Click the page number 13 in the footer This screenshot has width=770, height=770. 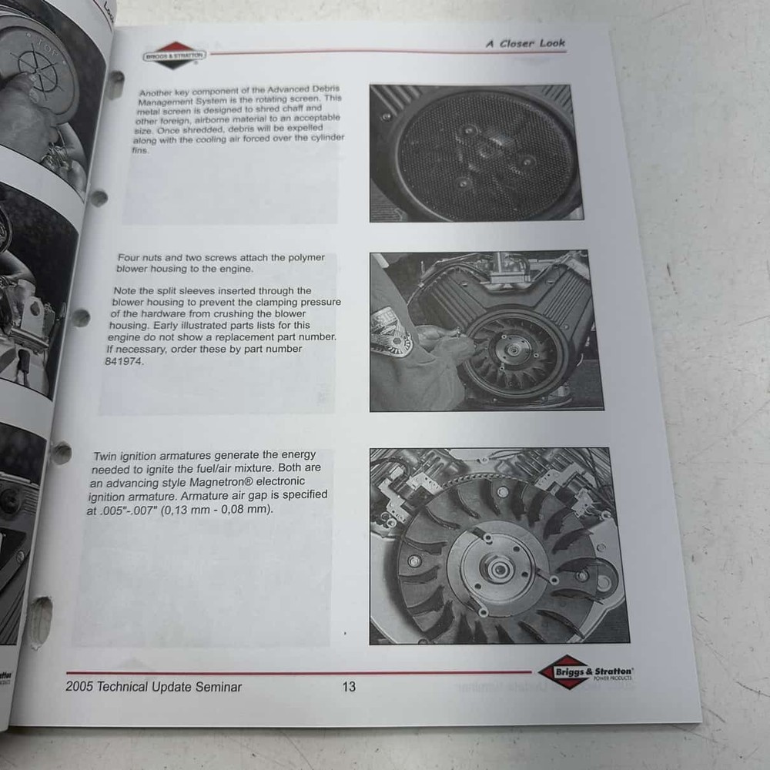pos(349,686)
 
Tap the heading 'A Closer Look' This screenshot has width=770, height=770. pos(525,43)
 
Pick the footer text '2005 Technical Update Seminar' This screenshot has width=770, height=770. pos(154,686)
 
